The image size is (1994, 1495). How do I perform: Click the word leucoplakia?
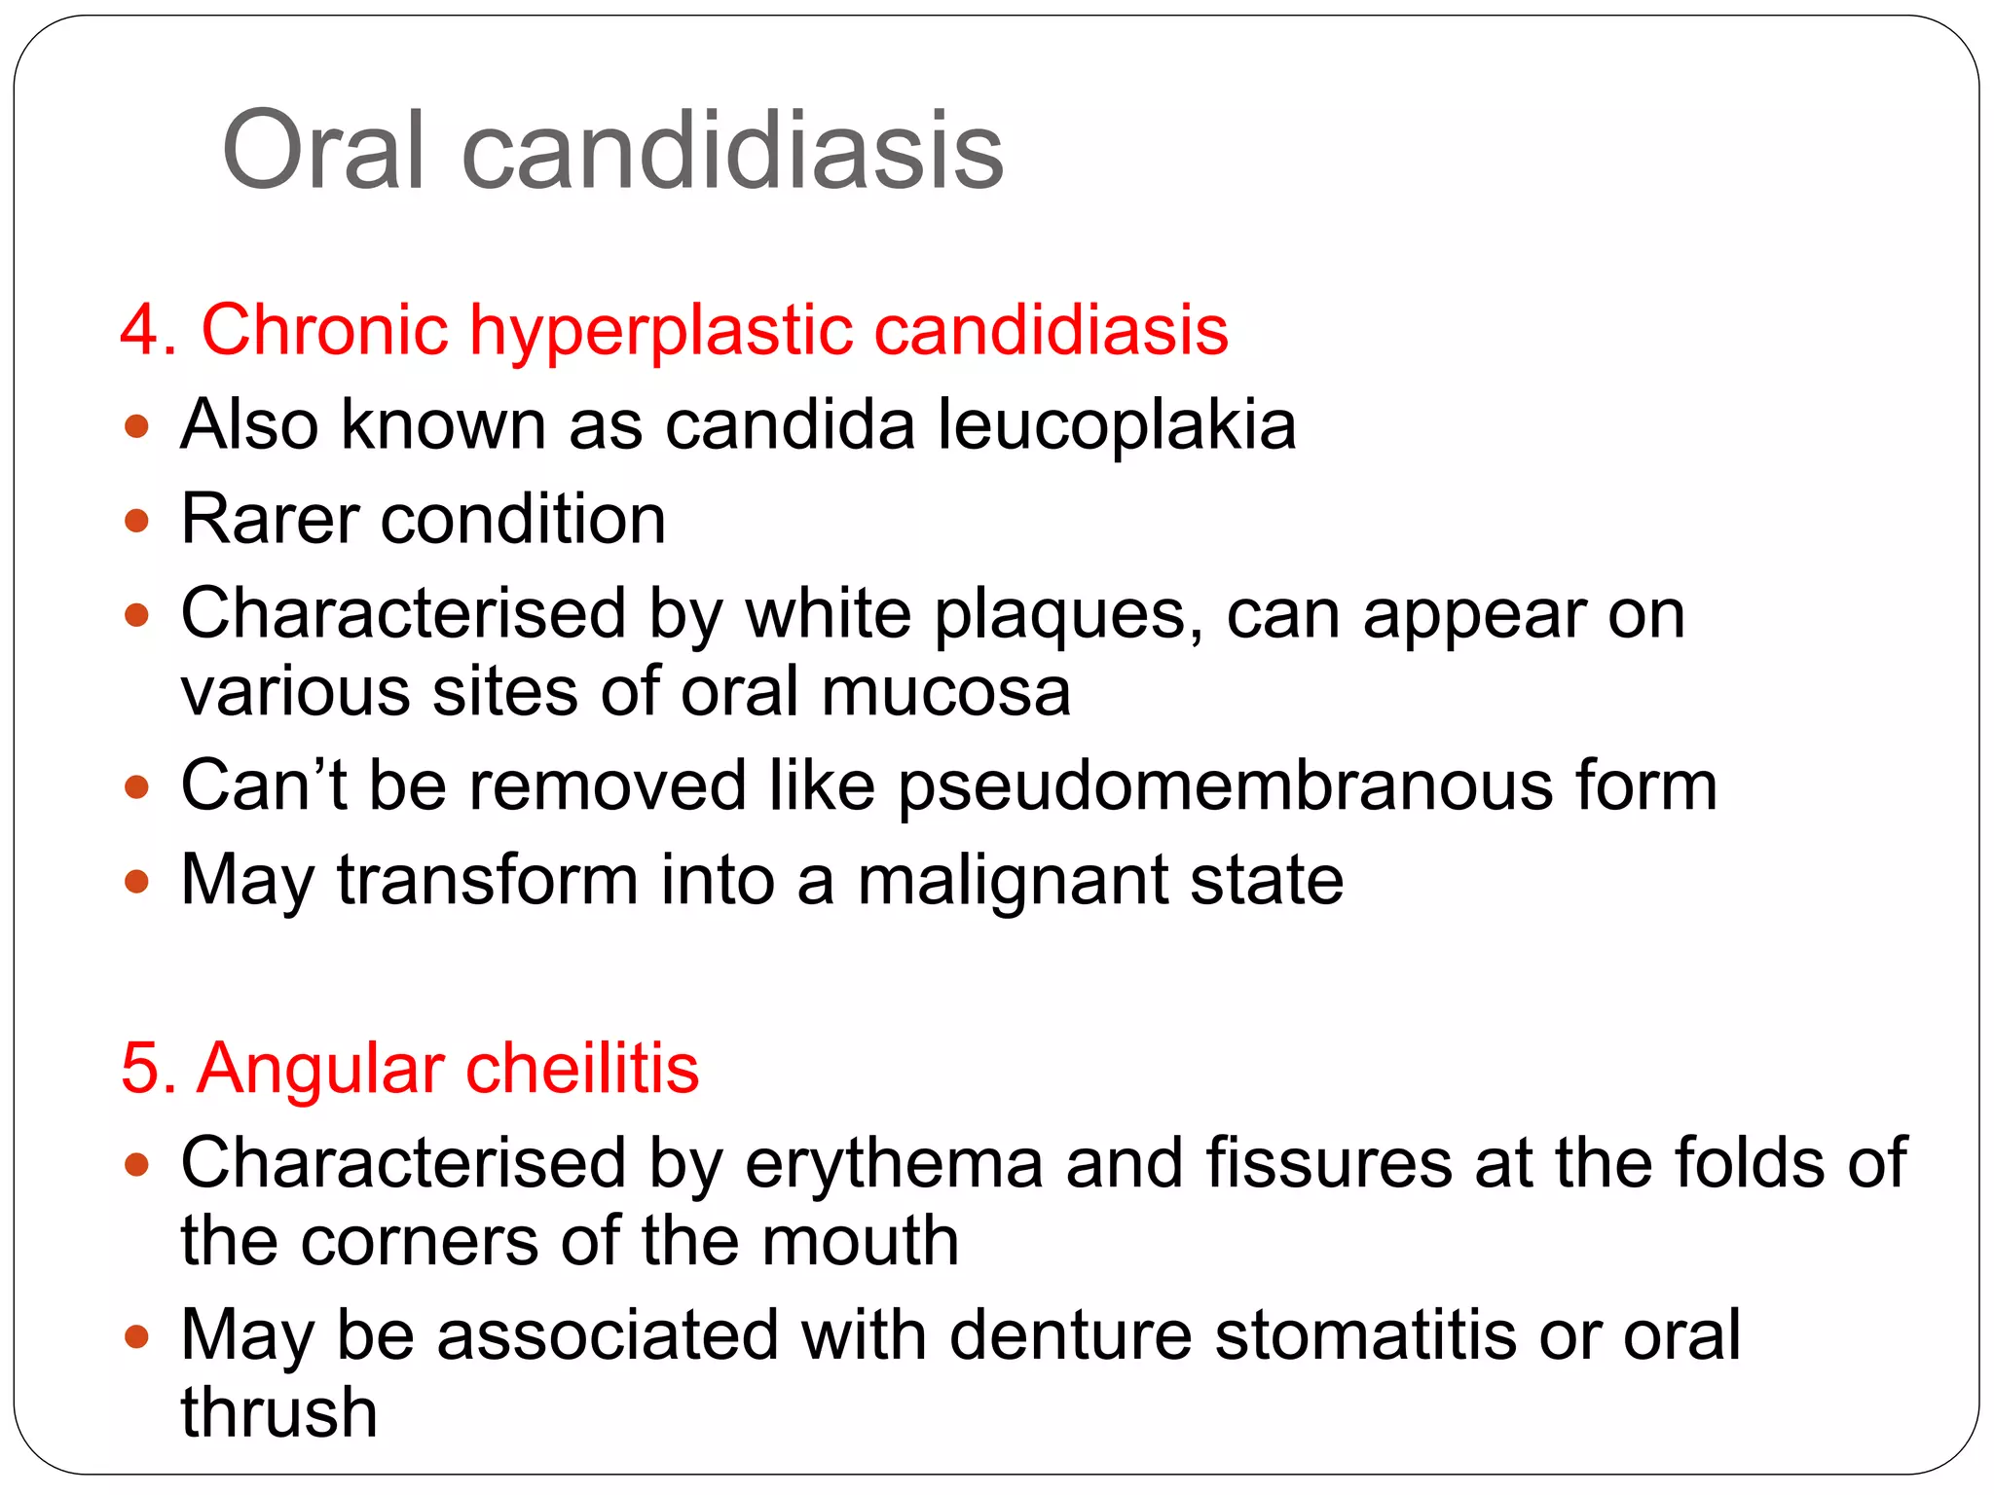pos(1117,426)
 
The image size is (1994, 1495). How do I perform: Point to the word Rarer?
pos(271,519)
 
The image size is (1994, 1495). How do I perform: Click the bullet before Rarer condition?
pos(137,521)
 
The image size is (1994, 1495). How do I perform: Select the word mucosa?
pos(945,692)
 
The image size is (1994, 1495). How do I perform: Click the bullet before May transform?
pos(137,882)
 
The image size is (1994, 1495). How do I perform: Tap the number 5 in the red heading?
pos(140,1069)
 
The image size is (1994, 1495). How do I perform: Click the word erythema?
pos(894,1165)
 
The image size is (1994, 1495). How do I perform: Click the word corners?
pos(419,1242)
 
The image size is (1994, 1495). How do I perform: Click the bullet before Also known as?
pos(137,426)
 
